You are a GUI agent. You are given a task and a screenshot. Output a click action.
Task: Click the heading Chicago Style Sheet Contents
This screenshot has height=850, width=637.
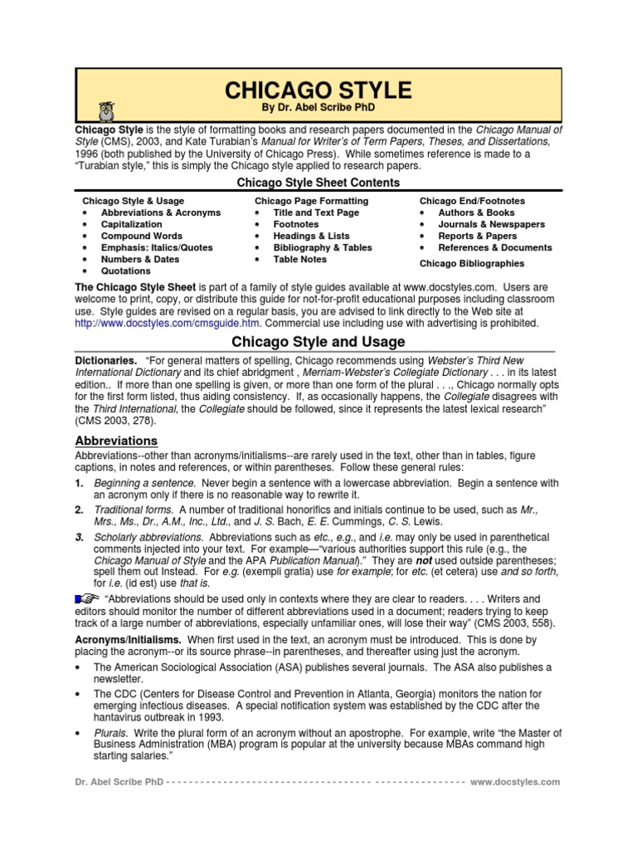coord(318,183)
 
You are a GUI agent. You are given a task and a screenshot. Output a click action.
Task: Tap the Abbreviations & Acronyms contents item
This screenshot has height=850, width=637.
coord(160,212)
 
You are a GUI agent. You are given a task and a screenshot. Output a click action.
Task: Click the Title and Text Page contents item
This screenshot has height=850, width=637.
coord(316,212)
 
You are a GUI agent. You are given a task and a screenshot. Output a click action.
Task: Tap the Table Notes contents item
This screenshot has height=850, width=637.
coord(299,259)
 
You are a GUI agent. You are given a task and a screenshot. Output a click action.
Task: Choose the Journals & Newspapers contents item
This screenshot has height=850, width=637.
coord(491,224)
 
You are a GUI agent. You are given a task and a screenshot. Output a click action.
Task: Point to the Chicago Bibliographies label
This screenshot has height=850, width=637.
coord(471,263)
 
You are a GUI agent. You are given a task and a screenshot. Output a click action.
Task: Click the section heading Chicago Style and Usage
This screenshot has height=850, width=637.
coord(318,342)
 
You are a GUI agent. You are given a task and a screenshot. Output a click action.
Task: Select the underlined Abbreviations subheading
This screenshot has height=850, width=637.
coord(116,441)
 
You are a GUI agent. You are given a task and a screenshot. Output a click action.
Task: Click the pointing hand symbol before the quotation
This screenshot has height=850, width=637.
coord(86,598)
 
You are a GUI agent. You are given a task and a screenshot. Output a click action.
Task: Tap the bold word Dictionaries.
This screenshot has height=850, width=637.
coord(106,361)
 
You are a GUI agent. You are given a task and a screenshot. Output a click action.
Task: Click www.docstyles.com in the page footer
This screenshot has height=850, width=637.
coord(515,782)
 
